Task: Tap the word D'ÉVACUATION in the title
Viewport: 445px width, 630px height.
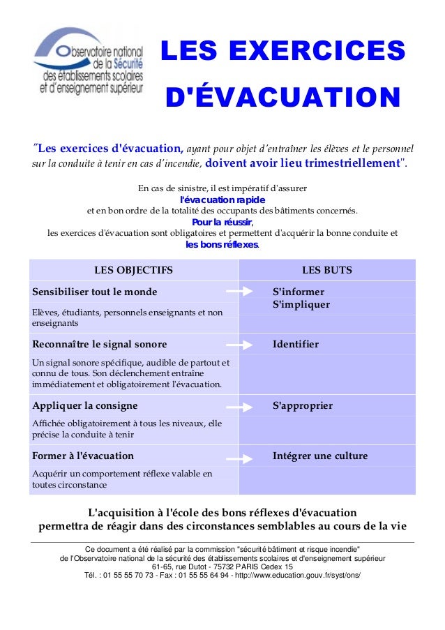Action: (282, 97)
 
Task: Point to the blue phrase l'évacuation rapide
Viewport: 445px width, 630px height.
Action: (222, 200)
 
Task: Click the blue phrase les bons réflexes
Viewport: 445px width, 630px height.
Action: (222, 245)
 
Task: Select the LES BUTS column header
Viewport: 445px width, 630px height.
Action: (326, 270)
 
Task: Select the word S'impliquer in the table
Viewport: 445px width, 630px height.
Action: (301, 305)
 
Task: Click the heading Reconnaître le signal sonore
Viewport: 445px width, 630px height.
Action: (100, 344)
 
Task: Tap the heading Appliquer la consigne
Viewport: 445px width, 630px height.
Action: (85, 405)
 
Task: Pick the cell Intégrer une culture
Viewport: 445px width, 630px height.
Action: (319, 456)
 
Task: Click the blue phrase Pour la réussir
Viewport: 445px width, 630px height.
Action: (222, 223)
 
